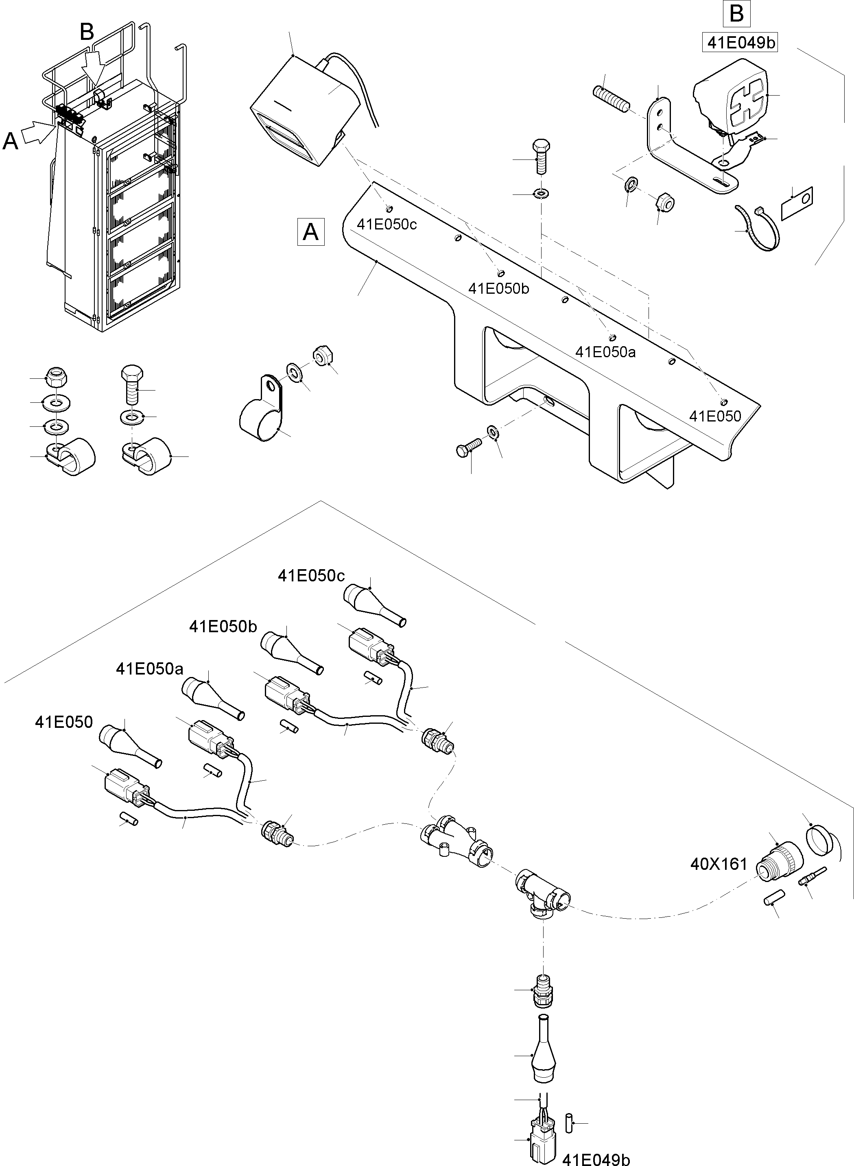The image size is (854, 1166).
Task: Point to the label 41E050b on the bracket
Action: (x=498, y=288)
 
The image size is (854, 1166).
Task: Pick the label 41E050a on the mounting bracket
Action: (x=605, y=352)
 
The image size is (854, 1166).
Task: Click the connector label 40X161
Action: (x=719, y=864)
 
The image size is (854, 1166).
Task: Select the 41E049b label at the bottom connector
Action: (x=596, y=1157)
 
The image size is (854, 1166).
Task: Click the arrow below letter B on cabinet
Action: (x=94, y=67)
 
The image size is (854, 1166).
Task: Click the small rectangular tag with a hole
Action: (x=797, y=203)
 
